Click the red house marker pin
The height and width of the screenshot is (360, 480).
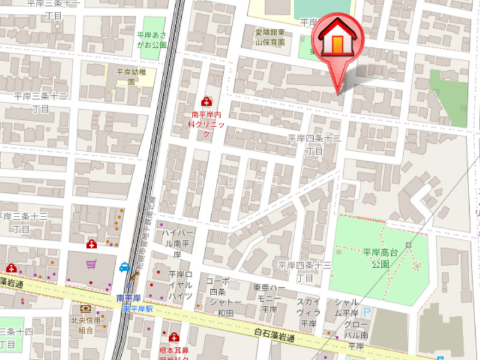click(340, 40)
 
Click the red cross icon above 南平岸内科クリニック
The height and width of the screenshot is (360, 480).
click(206, 102)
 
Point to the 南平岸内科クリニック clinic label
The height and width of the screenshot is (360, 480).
click(207, 123)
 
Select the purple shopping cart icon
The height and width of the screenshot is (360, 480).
click(91, 264)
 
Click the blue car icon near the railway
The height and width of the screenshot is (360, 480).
click(124, 266)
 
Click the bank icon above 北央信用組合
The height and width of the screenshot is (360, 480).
click(86, 309)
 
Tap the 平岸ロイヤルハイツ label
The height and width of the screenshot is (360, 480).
click(179, 285)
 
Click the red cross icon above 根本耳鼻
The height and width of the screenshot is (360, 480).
click(174, 337)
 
